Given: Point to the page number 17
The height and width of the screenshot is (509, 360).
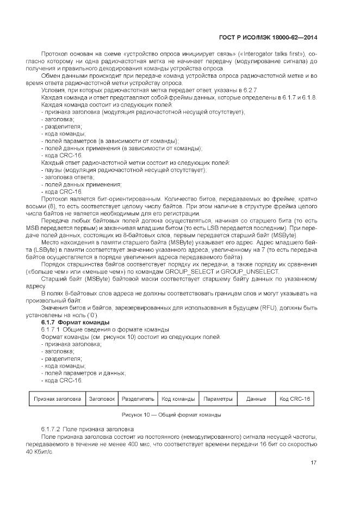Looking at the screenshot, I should [314, 463].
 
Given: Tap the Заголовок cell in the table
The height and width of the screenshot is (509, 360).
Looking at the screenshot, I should [102, 399].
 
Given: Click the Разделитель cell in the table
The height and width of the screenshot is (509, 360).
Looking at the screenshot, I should [138, 399].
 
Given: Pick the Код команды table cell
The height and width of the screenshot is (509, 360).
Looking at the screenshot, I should [178, 399].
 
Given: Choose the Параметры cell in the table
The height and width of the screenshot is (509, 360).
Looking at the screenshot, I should [218, 399].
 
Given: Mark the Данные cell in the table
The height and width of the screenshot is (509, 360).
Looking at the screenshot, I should [256, 399].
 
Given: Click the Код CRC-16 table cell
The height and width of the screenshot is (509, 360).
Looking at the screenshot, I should [294, 399].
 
